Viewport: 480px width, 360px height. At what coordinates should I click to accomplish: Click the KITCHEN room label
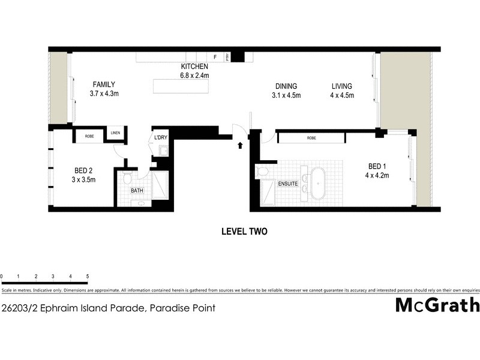pyautogui.click(x=194, y=67)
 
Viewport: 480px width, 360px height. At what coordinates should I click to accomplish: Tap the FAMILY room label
pyautogui.click(x=103, y=85)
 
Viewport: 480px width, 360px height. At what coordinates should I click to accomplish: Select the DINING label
pyautogui.click(x=286, y=86)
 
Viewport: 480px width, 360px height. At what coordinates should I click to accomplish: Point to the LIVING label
pyautogui.click(x=342, y=86)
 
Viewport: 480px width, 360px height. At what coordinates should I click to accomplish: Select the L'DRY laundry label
pyautogui.click(x=161, y=138)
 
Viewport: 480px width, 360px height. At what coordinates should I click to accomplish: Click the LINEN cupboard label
pyautogui.click(x=115, y=133)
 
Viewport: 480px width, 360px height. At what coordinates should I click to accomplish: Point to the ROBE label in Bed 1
pyautogui.click(x=311, y=138)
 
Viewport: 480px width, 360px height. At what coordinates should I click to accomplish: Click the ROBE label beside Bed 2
pyautogui.click(x=89, y=136)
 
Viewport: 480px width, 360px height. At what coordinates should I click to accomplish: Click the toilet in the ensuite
pyautogui.click(x=263, y=172)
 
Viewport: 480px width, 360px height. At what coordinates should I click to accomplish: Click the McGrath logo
pyautogui.click(x=437, y=305)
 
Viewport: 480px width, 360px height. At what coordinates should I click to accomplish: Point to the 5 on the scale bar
pyautogui.click(x=88, y=277)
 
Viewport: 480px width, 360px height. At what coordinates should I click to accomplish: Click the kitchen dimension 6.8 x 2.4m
pyautogui.click(x=194, y=76)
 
